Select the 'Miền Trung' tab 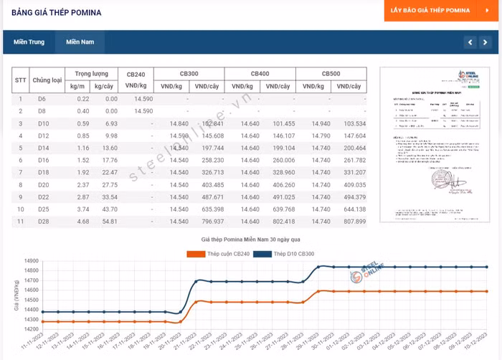[x=29, y=42]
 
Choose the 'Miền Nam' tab [x=80, y=42]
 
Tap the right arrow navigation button [x=486, y=42]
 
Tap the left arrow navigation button [x=470, y=42]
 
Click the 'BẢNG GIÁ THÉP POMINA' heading [x=56, y=13]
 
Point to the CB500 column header [x=331, y=74]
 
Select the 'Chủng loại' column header [x=47, y=80]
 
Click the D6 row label [x=42, y=98]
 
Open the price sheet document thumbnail [x=435, y=143]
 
